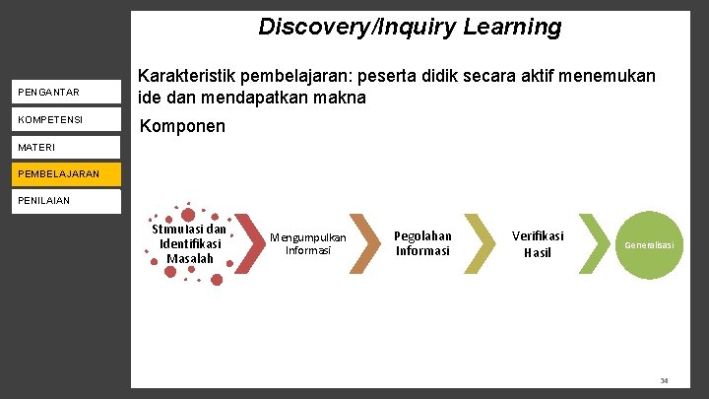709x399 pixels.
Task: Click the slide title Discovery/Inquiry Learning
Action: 410,27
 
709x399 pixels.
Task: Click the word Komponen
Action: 183,127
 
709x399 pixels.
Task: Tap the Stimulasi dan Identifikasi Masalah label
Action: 189,243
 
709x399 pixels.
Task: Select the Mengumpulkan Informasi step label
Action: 307,243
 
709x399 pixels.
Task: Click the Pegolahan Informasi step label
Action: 422,242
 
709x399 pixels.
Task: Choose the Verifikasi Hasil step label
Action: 538,243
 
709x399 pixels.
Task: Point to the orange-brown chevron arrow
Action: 365,243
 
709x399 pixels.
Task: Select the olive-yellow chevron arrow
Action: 480,243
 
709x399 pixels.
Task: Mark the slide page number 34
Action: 664,380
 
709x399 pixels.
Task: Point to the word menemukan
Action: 612,76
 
